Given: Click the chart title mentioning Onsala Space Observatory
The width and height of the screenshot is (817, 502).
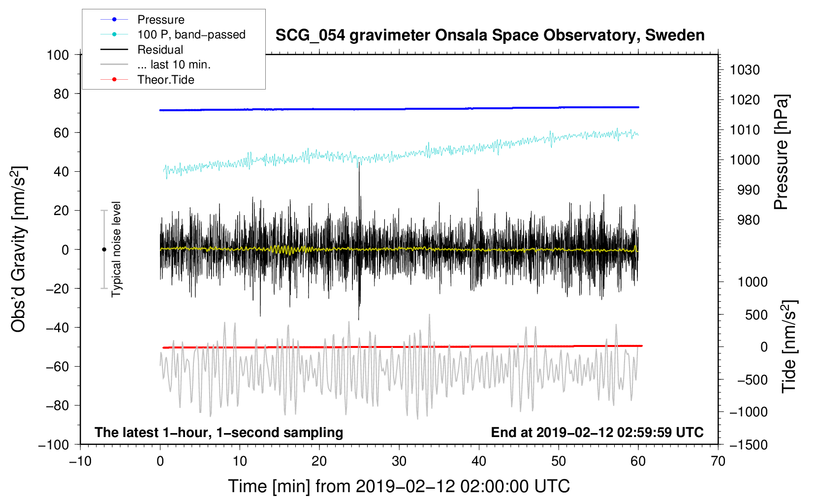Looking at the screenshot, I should (490, 35).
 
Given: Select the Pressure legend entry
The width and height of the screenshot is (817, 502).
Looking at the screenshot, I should (160, 20).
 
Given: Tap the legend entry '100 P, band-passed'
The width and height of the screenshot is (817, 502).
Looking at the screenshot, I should (191, 34).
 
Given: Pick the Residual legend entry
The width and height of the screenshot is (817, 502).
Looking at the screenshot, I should (160, 50).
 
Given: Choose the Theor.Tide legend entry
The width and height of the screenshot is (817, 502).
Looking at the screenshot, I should (165, 80).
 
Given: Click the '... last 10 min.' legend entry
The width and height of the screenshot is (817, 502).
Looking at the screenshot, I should (174, 64).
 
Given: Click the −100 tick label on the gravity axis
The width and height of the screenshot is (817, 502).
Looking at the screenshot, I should (54, 444).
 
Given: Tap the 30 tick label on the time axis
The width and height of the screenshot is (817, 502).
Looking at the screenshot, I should (399, 461).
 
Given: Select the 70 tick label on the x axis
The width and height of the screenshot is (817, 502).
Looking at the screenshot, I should (718, 461).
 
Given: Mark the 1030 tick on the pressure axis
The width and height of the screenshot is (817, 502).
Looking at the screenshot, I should (745, 70).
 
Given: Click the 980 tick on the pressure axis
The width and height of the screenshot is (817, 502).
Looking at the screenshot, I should (748, 220).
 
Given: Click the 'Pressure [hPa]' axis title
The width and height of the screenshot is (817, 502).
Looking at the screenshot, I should (781, 152).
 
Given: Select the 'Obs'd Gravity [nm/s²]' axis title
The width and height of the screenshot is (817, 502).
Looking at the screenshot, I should (18, 249).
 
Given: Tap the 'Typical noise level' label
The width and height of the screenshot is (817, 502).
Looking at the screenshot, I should (116, 249).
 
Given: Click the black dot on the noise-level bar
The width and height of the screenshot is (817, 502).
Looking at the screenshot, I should (104, 250).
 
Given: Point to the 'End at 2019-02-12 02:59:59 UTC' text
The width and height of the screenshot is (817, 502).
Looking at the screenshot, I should (597, 432).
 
